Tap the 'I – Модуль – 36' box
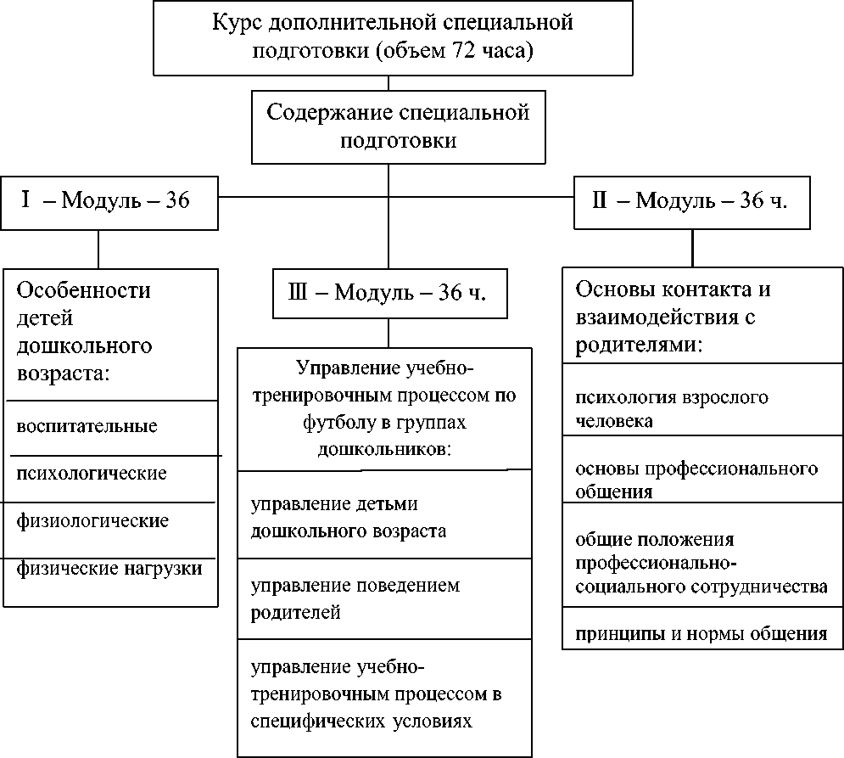[x=109, y=202]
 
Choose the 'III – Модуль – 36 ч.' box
[x=388, y=294]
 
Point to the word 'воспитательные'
[x=87, y=426]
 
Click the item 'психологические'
[x=92, y=473]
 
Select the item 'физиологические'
[x=92, y=520]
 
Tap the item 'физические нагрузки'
[x=109, y=568]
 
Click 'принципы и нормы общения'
[x=701, y=633]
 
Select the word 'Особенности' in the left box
[x=84, y=290]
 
